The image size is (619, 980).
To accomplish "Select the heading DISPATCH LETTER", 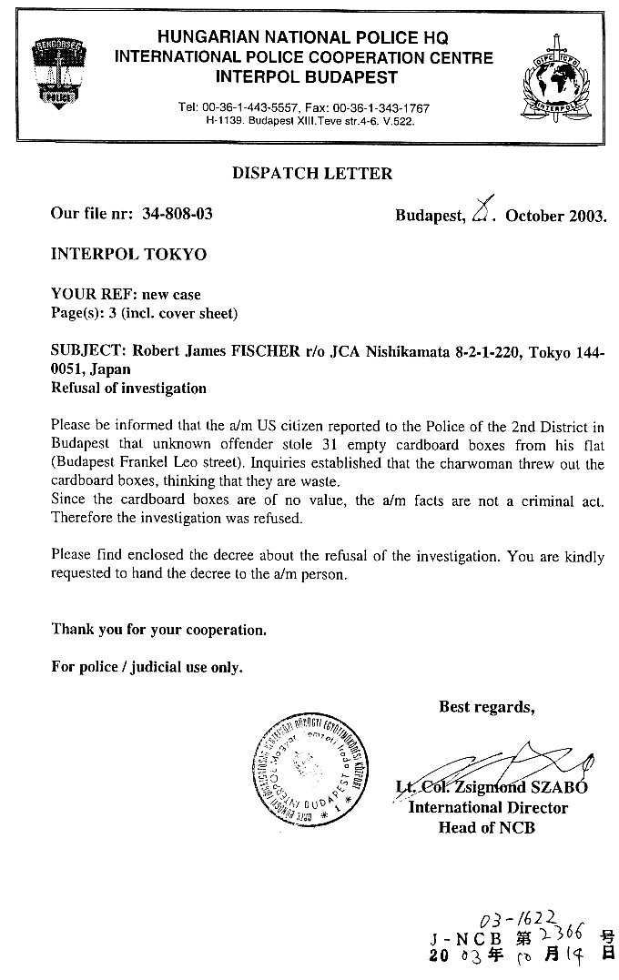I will point(312,173).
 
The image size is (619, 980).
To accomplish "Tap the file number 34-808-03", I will point(178,214).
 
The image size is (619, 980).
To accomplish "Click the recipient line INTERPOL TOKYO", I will point(128,254).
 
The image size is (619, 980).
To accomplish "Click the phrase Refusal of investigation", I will point(128,388).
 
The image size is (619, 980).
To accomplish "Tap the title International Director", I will point(488,807).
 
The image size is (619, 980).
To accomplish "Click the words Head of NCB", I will point(486,827).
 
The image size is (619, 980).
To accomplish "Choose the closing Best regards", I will point(486,706).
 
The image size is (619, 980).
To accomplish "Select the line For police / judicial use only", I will point(147,667).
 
